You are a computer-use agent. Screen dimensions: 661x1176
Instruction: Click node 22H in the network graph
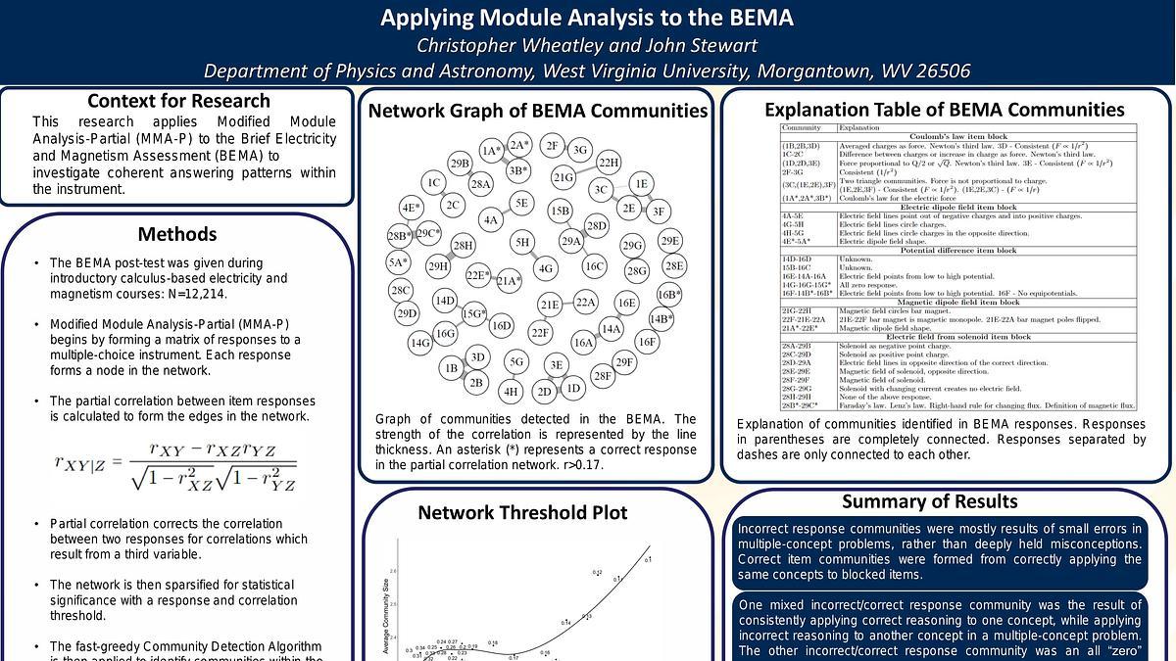point(609,163)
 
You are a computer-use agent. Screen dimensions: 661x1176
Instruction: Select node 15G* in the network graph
point(473,313)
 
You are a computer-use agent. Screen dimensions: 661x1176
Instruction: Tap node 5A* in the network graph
point(397,262)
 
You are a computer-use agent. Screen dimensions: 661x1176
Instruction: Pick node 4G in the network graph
point(545,268)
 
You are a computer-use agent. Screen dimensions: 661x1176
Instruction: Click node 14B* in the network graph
point(661,318)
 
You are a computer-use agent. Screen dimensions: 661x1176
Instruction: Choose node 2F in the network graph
point(552,146)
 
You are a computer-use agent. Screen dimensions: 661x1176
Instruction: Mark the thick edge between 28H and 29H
point(451,256)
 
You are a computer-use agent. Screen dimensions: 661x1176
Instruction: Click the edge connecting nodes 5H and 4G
point(534,255)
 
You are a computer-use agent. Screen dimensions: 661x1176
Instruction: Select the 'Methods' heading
point(176,234)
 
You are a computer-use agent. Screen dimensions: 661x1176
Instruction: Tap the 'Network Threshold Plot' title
point(522,512)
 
